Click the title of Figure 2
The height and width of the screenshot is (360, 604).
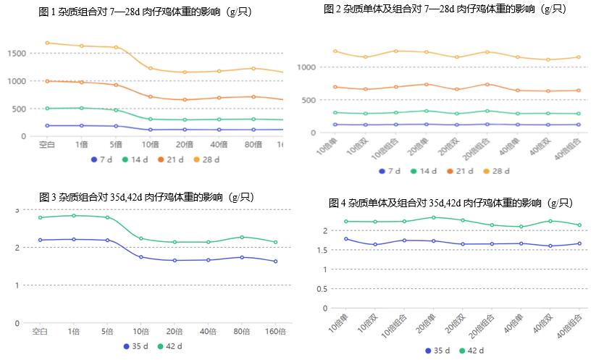[x=445, y=9]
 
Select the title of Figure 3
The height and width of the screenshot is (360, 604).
[x=146, y=197]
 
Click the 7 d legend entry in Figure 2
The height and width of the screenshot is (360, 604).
[x=389, y=171]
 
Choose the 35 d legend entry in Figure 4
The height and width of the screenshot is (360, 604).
[x=437, y=351]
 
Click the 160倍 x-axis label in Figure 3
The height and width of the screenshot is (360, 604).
[x=275, y=332]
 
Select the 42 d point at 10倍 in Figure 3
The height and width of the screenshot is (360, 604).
[x=141, y=238]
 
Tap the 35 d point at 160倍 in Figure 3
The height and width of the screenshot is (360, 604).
[x=275, y=261]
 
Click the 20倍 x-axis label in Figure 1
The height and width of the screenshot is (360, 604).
[x=184, y=144]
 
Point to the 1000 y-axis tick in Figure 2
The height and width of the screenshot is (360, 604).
[x=308, y=67]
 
